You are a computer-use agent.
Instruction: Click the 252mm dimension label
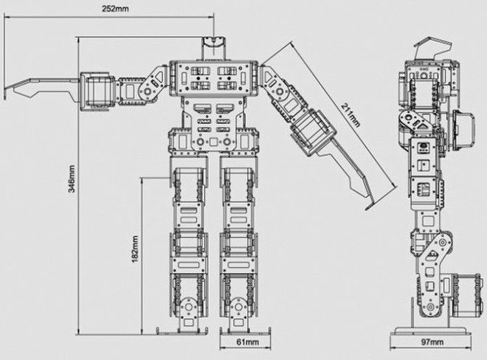115,9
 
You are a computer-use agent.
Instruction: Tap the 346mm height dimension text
71,179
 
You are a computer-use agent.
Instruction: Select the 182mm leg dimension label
135,249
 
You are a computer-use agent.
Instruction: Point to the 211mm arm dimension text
350,115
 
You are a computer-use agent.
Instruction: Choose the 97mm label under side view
432,342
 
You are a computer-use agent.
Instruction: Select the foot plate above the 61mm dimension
245,331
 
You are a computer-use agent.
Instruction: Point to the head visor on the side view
432,47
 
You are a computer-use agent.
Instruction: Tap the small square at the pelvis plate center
214,142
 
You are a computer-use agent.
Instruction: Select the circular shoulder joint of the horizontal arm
148,91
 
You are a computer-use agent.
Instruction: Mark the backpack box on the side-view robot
463,130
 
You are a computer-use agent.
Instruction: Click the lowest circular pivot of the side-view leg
430,307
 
